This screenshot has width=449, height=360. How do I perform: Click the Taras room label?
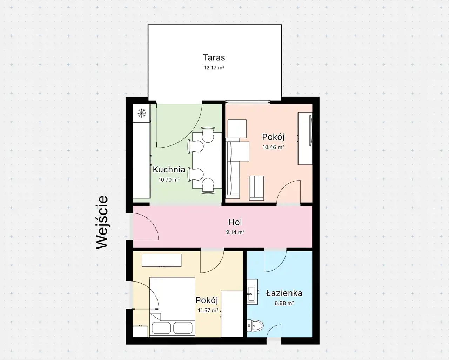click(x=214, y=57)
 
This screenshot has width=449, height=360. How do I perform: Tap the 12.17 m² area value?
click(x=214, y=68)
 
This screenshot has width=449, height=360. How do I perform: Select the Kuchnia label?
click(x=169, y=170)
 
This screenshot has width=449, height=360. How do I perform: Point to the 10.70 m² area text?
click(x=169, y=179)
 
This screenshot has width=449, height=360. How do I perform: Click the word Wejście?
click(x=102, y=222)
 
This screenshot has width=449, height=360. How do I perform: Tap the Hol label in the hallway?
click(x=235, y=222)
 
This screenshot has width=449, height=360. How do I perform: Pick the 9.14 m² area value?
click(x=235, y=232)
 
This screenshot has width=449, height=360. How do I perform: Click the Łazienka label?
click(x=284, y=293)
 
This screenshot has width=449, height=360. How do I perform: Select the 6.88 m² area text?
click(x=284, y=303)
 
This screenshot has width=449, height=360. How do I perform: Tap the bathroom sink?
click(x=252, y=294)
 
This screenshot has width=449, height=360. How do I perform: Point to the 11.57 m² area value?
click(x=208, y=310)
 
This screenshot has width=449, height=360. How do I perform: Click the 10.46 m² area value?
click(x=273, y=147)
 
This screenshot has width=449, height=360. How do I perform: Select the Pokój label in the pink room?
click(x=273, y=137)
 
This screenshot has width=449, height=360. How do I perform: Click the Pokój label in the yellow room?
click(x=207, y=300)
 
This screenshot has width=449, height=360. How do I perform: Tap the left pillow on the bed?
click(x=161, y=328)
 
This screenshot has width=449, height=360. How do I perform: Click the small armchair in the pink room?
click(x=257, y=188)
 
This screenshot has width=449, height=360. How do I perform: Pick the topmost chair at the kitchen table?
click(x=208, y=135)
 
